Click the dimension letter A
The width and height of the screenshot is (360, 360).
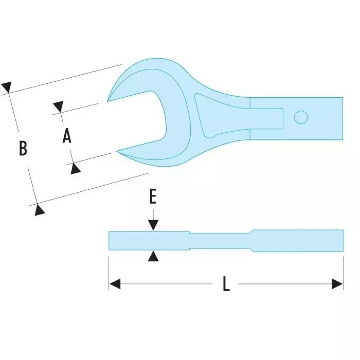click(67, 136)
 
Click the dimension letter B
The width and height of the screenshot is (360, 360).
click(23, 148)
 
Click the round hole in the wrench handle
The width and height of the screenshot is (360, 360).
click(300, 118)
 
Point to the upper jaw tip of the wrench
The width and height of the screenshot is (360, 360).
click(109, 100)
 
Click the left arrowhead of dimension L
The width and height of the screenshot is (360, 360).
click(115, 284)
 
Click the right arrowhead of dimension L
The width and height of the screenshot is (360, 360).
click(338, 284)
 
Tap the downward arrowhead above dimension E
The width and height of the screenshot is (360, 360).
click(153, 225)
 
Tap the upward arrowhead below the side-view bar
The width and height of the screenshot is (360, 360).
click(153, 256)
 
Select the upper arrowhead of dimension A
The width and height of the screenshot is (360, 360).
click(58, 107)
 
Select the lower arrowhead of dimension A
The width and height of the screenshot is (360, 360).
click(75, 167)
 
